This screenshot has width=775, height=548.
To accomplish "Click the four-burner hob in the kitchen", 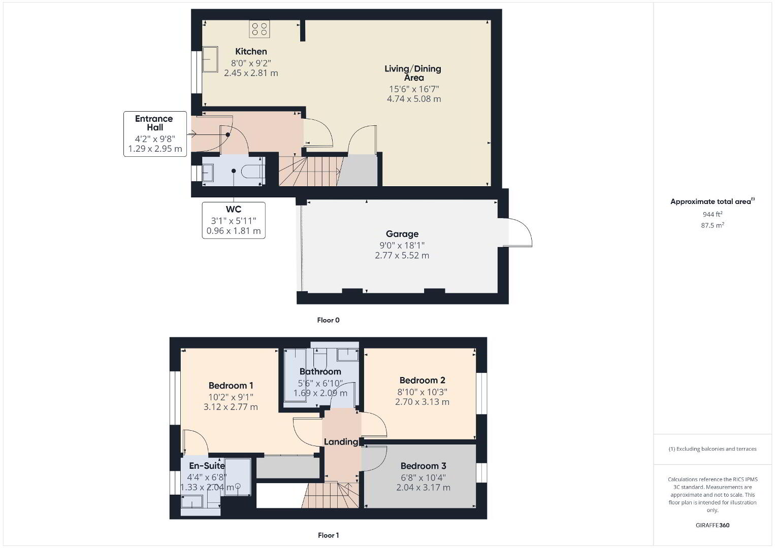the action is click(x=259, y=29).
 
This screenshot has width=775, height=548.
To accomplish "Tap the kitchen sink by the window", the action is click(x=210, y=59).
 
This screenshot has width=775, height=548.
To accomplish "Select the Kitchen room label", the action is click(x=251, y=52).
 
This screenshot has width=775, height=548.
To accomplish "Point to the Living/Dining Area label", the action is click(x=413, y=73).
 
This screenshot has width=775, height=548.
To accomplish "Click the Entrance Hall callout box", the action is click(x=155, y=134).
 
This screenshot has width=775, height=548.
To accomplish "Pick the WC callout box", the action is click(x=234, y=220).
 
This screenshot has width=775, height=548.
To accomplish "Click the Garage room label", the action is click(x=402, y=234).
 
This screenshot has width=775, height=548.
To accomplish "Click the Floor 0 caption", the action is click(x=329, y=320).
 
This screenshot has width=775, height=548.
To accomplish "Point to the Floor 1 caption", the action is click(x=329, y=535).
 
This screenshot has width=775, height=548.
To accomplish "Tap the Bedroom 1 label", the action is click(x=231, y=386).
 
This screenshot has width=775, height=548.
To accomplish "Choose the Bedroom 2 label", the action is click(x=422, y=381).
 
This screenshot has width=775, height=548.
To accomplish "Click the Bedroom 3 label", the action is click(x=423, y=466).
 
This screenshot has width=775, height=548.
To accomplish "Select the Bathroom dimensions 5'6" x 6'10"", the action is click(x=320, y=383).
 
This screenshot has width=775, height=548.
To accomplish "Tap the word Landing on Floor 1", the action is click(x=341, y=442).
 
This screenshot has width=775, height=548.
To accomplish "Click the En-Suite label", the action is click(x=207, y=466).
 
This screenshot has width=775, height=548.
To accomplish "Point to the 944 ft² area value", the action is click(x=713, y=214).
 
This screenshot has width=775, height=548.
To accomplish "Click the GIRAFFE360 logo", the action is click(x=713, y=525).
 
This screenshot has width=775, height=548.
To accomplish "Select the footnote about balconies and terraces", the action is click(x=713, y=449).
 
